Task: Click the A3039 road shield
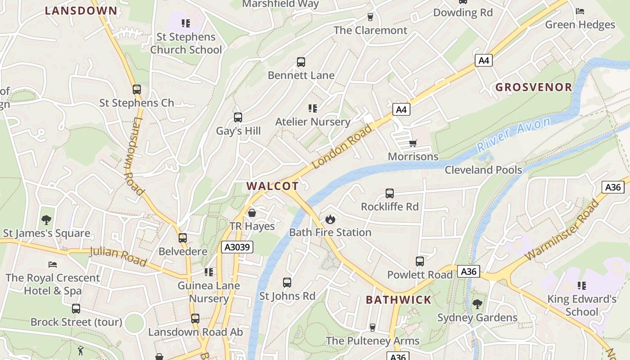(237, 247)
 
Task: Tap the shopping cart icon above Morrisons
(413, 144)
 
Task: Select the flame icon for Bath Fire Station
(330, 219)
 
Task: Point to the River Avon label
(513, 134)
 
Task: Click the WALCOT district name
(272, 186)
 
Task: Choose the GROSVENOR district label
(534, 87)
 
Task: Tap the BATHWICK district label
(398, 300)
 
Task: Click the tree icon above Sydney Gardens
(477, 304)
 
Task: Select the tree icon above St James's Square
(46, 220)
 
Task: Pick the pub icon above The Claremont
(370, 17)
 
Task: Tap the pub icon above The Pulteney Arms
(372, 327)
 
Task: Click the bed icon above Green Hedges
(580, 11)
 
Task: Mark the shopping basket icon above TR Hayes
(252, 212)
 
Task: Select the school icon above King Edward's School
(581, 285)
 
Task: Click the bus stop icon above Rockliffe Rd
(390, 193)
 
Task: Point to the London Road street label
(342, 147)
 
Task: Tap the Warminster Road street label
(562, 229)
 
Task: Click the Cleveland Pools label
(483, 170)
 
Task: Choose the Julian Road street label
(118, 256)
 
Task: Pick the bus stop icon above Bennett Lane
(301, 62)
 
